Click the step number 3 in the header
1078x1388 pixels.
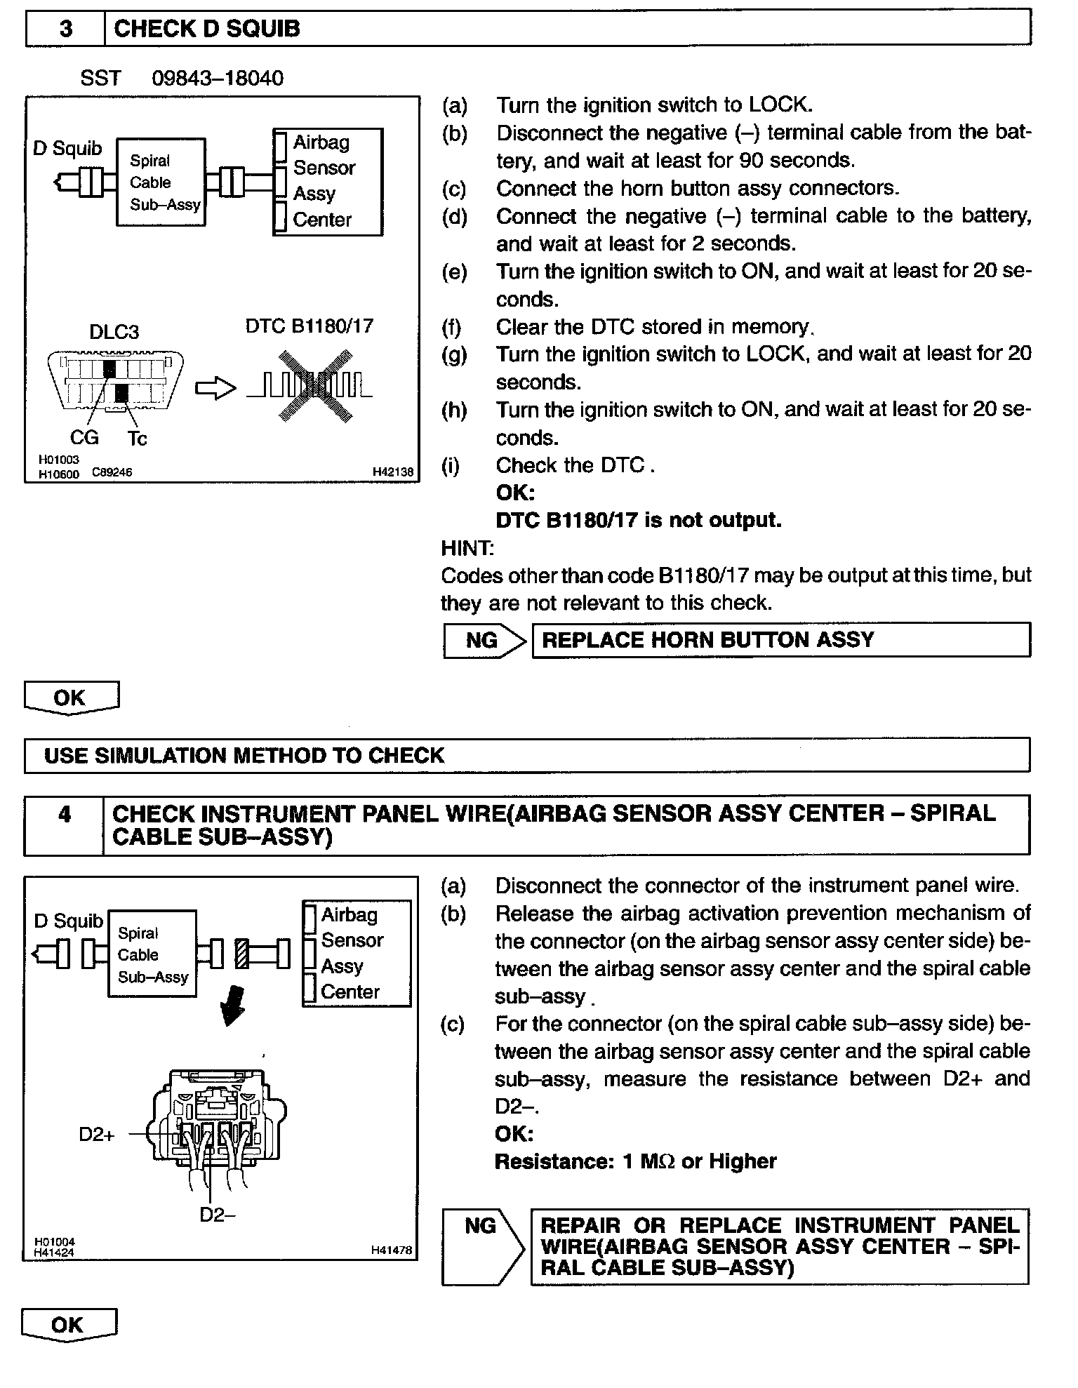click(65, 29)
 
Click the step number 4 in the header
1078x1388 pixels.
click(65, 815)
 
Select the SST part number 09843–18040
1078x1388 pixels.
click(218, 78)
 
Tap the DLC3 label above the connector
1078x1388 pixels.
click(114, 331)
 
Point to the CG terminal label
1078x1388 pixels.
click(84, 438)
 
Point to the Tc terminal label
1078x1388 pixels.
click(138, 439)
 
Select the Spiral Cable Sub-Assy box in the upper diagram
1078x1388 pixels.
click(161, 182)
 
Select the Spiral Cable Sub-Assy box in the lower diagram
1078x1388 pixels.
click(152, 954)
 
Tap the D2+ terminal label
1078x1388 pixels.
click(96, 1135)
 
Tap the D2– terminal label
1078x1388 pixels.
click(217, 1215)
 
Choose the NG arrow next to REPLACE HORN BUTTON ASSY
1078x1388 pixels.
click(485, 640)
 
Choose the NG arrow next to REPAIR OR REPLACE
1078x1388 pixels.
click(484, 1247)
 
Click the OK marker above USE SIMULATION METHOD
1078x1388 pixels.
click(70, 698)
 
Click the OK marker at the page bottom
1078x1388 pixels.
click(68, 1325)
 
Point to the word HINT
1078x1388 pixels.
click(467, 548)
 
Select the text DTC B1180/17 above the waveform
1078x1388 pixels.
click(310, 326)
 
